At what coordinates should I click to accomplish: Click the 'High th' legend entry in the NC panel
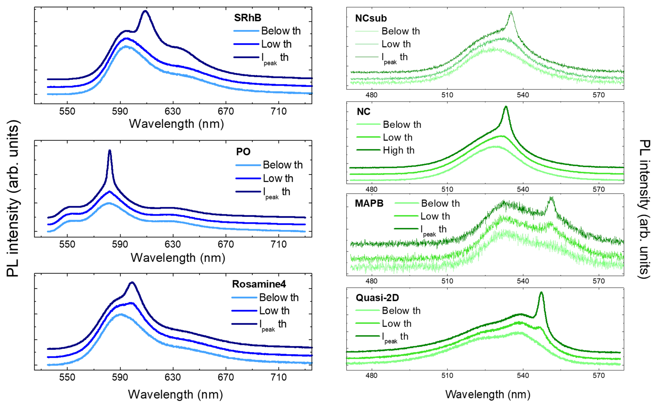point(398,150)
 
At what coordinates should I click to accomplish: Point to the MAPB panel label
point(369,203)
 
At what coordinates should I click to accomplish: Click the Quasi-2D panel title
point(377,298)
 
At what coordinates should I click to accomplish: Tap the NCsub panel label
point(371,18)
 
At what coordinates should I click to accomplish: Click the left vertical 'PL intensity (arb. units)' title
point(13,198)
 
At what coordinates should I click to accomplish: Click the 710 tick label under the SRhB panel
point(279,111)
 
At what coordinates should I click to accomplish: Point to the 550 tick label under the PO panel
point(67,244)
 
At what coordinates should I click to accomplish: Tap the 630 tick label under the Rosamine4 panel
point(173,377)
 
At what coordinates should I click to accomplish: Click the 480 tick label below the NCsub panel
point(371,95)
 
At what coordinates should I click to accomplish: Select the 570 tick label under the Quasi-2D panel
point(599,375)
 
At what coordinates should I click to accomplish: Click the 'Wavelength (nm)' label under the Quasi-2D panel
point(488,394)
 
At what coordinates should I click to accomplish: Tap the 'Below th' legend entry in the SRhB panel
point(281,31)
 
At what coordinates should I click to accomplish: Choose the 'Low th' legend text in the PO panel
point(278,178)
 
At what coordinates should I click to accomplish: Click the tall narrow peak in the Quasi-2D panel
point(541,293)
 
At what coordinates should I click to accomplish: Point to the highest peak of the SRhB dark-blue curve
point(145,11)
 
